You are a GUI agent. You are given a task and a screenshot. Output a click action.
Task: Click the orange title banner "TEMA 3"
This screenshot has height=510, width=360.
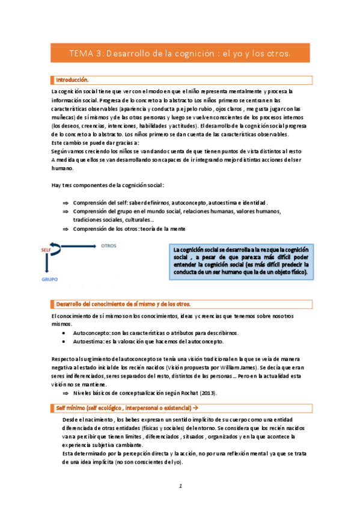180,54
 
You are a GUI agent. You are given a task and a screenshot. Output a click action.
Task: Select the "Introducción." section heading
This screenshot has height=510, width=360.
72,79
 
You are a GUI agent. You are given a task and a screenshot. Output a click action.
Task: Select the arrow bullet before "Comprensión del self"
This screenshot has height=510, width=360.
66,203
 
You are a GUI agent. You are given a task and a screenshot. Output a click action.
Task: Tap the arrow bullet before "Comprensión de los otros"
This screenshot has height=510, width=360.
66,229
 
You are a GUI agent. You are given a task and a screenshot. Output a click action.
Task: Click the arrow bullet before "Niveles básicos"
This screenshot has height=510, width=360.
66,393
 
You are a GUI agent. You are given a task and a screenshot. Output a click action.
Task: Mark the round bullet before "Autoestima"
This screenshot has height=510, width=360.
64,341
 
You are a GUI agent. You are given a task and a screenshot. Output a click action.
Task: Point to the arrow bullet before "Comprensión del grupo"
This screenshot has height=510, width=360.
66,211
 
